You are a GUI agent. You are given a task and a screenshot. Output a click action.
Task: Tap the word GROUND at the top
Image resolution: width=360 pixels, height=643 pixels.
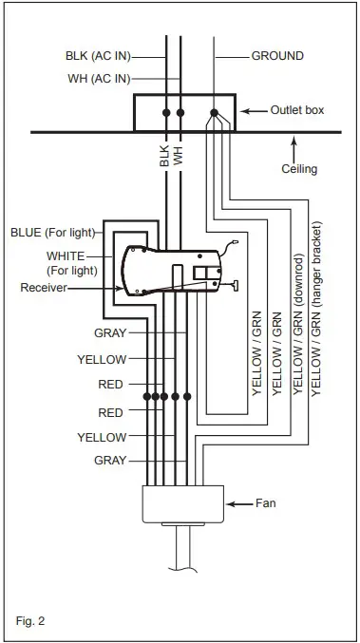coord(277,56)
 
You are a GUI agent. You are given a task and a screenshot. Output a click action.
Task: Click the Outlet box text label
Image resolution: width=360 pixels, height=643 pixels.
coord(297,110)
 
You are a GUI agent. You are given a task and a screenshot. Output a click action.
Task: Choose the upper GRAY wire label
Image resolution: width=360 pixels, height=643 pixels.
coord(110,332)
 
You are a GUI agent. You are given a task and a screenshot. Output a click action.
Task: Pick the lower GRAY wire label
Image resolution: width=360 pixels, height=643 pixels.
coord(110,459)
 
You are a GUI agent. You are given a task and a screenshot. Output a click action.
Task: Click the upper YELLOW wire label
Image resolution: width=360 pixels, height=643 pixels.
coord(102,360)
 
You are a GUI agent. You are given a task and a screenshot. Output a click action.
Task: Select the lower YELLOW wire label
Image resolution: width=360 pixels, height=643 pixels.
coord(102,437)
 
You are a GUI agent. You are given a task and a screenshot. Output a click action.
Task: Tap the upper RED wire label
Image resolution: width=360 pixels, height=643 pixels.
coord(111,386)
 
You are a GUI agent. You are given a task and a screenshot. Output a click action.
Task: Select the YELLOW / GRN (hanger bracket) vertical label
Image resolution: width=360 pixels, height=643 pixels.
coord(315,313)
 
